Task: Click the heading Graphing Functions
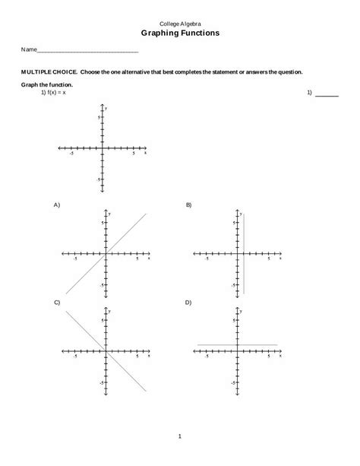pyautogui.click(x=180, y=33)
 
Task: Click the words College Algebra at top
pyautogui.click(x=180, y=24)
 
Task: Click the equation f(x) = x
pyautogui.click(x=54, y=93)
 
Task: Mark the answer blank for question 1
pyautogui.click(x=327, y=95)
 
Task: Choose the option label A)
pyautogui.click(x=57, y=205)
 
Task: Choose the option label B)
pyautogui.click(x=189, y=205)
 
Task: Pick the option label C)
pyautogui.click(x=57, y=303)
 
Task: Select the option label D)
pyautogui.click(x=189, y=303)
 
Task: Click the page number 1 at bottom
pyautogui.click(x=180, y=436)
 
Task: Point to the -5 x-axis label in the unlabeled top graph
pyautogui.click(x=71, y=154)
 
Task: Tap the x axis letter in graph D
pyautogui.click(x=280, y=356)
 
